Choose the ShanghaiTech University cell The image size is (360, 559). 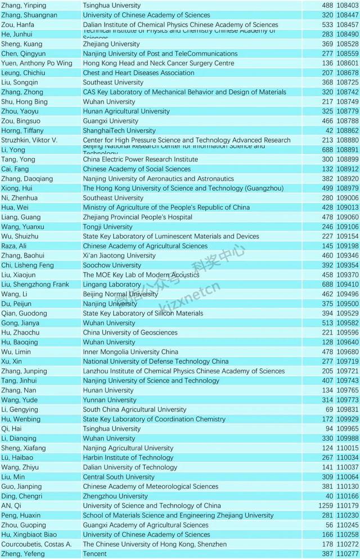click(x=119, y=130)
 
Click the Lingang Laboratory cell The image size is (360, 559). click(x=111, y=285)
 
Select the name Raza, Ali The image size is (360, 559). click(x=14, y=246)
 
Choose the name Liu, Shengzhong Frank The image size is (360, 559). click(x=35, y=285)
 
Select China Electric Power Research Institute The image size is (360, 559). click(x=140, y=160)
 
